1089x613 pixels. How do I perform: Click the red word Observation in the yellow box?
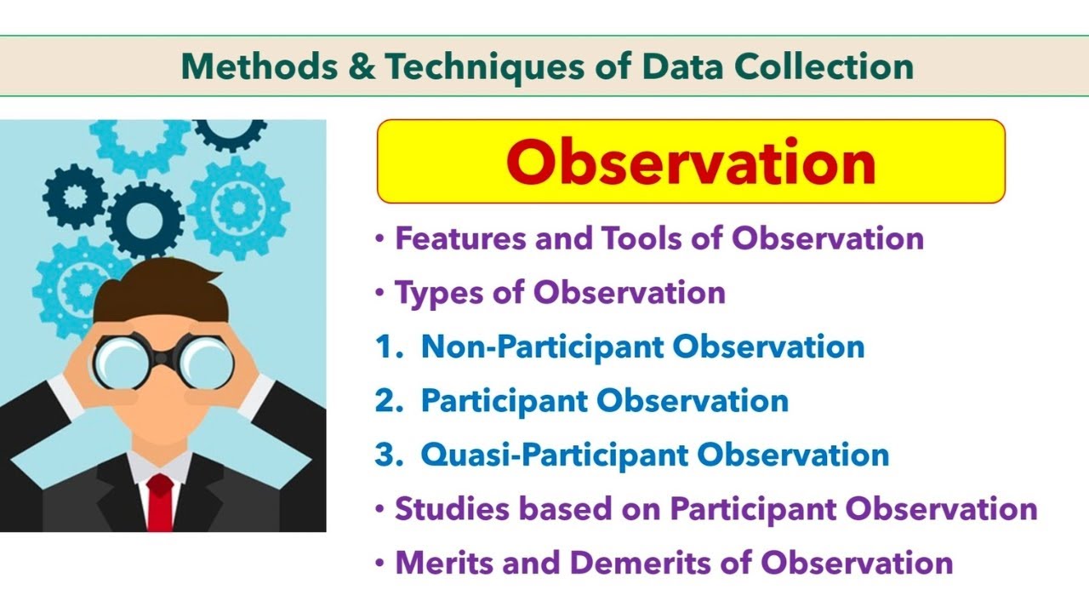click(x=690, y=162)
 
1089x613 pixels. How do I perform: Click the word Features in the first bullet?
click(x=460, y=238)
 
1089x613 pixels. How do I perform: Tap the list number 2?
click(x=386, y=400)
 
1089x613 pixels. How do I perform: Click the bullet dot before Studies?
click(x=380, y=509)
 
